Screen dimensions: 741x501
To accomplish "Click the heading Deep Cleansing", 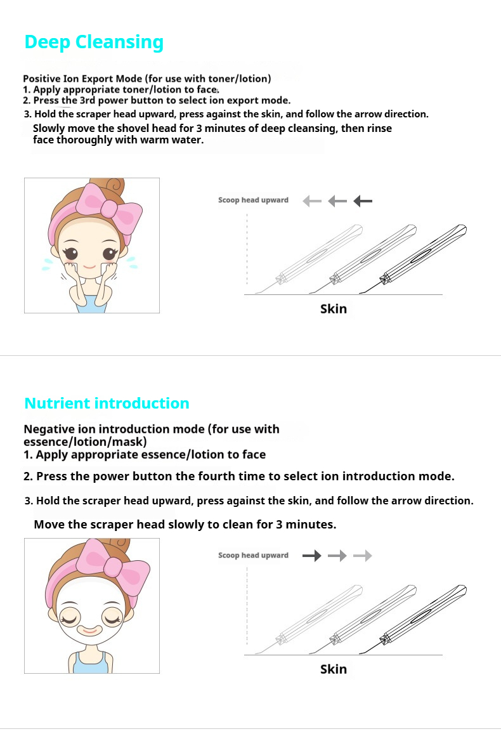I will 94,42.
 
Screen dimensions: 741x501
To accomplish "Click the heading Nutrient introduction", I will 107,403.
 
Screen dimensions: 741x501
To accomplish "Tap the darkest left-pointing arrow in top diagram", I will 363,201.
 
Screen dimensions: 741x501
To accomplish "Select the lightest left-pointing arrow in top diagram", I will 312,201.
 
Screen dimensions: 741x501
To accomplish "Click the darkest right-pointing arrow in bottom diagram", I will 312,556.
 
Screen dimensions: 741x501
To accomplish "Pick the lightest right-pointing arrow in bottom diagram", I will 363,556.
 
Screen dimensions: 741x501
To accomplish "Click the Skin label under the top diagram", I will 334,309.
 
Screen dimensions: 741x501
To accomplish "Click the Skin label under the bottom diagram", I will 334,669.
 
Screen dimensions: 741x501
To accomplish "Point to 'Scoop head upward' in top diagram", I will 253,200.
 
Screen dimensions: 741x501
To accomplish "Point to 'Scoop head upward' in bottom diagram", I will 253,556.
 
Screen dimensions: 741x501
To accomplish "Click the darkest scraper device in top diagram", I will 422,254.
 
